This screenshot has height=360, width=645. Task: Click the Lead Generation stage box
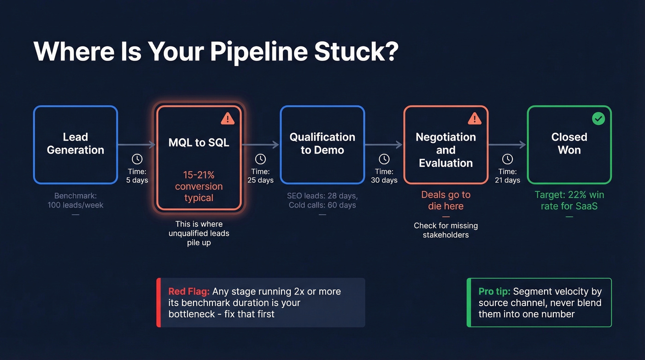click(x=76, y=144)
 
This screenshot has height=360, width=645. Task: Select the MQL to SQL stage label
click(x=199, y=142)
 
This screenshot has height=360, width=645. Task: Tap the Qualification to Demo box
click(x=322, y=144)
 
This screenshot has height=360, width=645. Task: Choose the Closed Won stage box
click(x=569, y=144)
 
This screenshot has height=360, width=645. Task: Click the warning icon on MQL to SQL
click(x=228, y=119)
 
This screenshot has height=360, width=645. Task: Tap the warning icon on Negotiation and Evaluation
click(x=475, y=119)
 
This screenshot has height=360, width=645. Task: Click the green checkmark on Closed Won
click(x=598, y=119)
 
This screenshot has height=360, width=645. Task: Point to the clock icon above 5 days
click(x=137, y=159)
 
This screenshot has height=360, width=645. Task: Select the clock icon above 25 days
click(x=261, y=159)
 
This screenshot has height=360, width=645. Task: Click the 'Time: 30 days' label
click(x=384, y=176)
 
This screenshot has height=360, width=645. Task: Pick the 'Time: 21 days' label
click(x=507, y=176)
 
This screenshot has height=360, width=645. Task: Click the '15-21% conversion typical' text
click(x=199, y=186)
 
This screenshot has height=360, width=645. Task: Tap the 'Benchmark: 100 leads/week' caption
click(x=76, y=201)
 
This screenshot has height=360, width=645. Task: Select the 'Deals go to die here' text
click(x=446, y=200)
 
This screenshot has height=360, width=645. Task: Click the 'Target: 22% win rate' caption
click(x=569, y=200)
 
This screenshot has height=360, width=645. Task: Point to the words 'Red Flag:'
click(x=189, y=291)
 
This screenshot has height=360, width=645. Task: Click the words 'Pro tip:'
click(x=494, y=291)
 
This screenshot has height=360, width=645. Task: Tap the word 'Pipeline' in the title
click(x=259, y=52)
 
